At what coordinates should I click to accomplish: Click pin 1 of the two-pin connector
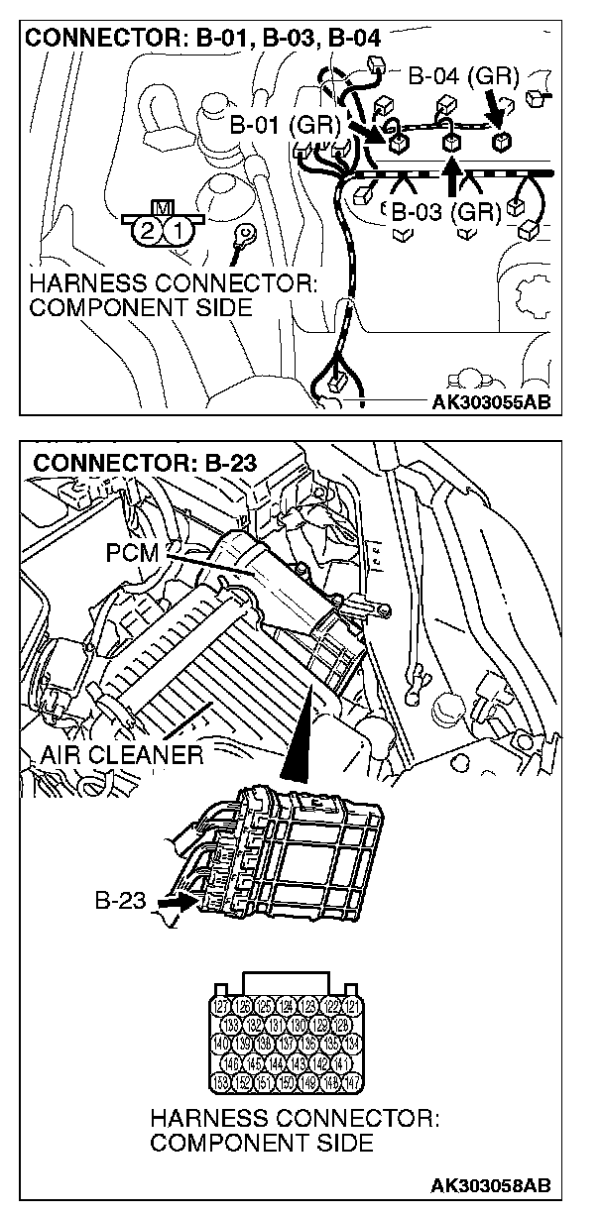point(175,233)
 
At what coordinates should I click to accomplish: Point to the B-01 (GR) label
point(285,126)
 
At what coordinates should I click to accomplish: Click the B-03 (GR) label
point(443,211)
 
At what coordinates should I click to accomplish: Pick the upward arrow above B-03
point(452,178)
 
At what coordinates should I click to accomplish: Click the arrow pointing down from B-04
point(494,104)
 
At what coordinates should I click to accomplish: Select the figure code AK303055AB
point(491,401)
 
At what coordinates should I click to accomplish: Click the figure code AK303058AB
point(491,1186)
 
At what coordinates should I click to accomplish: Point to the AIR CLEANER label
point(121,756)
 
